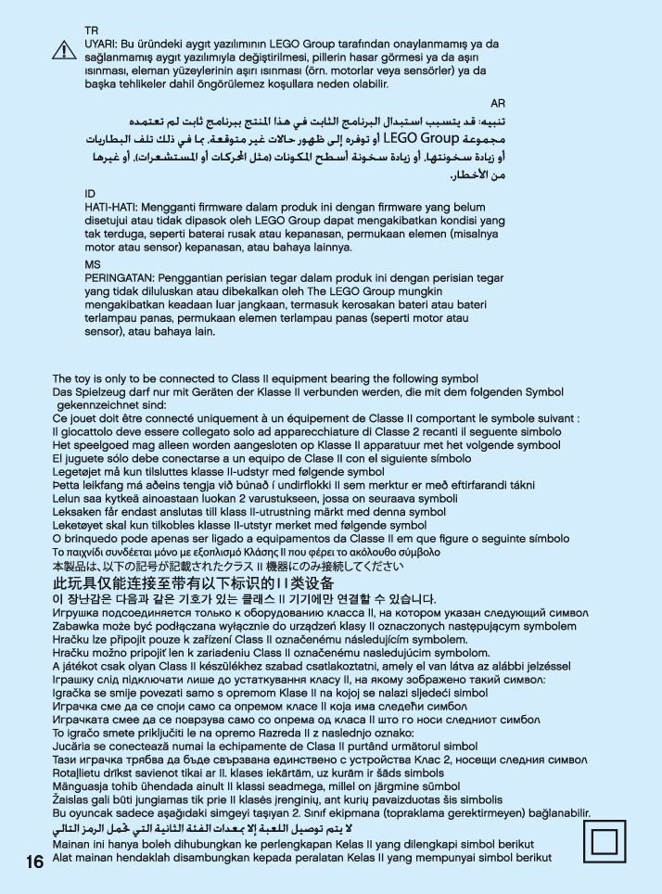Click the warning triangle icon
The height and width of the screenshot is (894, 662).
coord(63,50)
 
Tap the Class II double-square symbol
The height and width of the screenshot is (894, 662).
coord(605,841)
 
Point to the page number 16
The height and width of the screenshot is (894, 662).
coord(34,862)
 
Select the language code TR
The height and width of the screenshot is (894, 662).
coord(91,31)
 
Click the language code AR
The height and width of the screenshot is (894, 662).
coord(498,103)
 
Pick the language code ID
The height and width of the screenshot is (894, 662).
coord(89,193)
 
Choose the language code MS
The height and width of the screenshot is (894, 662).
coord(91,264)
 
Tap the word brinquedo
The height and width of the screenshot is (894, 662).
coord(95,538)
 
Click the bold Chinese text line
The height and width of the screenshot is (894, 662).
coord(193,583)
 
